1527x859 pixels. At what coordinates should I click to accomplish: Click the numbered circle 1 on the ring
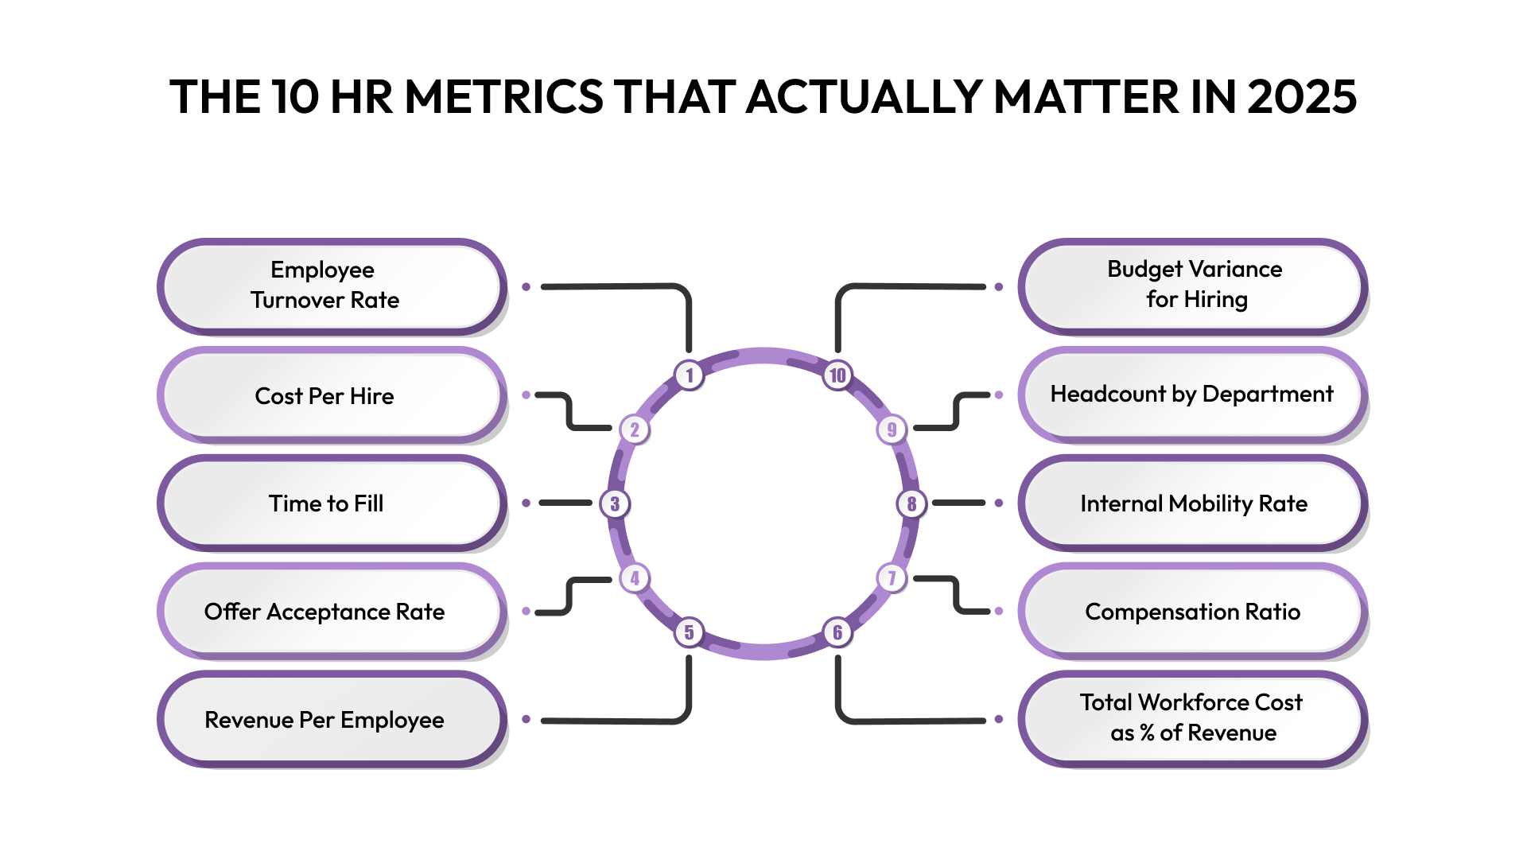pos(690,375)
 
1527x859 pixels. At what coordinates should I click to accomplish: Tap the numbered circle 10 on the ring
pos(837,375)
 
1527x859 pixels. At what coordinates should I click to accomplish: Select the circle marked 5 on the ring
pos(690,632)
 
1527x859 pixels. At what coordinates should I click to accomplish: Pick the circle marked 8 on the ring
pos(911,503)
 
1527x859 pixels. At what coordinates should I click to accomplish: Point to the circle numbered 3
pos(615,503)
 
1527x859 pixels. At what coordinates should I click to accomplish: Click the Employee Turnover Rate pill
pos(332,286)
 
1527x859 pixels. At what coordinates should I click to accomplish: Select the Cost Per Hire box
pos(332,395)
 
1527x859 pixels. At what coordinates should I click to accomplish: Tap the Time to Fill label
pos(326,503)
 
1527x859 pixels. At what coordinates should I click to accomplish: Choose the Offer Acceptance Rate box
pos(332,612)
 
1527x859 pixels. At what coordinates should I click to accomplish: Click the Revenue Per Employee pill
pos(332,720)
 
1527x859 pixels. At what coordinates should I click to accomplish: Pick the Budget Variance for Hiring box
pos(1193,286)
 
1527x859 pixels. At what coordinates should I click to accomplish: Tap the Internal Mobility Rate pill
pos(1193,503)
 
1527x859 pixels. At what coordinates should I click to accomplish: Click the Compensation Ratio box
pos(1193,612)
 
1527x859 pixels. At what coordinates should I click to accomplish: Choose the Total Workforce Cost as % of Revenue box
pos(1193,718)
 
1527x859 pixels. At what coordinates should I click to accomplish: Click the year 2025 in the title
pos(1301,97)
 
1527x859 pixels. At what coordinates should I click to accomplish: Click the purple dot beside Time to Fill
pos(526,503)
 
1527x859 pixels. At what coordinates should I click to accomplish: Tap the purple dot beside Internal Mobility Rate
pos(999,503)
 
